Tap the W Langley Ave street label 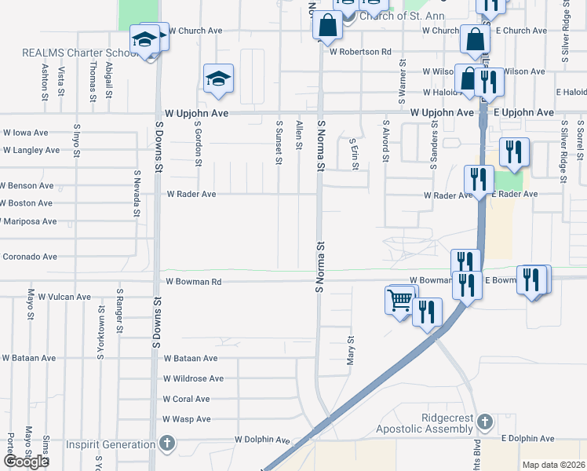pyautogui.click(x=31, y=150)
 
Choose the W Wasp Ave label pyautogui.click(x=186, y=419)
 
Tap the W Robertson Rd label pyautogui.click(x=360, y=52)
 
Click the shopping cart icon pyautogui.click(x=399, y=299)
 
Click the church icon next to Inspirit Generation pyautogui.click(x=166, y=444)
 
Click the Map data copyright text pyautogui.click(x=553, y=465)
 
